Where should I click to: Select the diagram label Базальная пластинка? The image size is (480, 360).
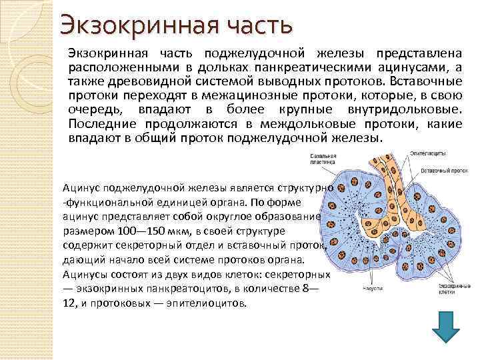(323, 159)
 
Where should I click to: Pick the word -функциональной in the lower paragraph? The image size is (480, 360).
(102, 201)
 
